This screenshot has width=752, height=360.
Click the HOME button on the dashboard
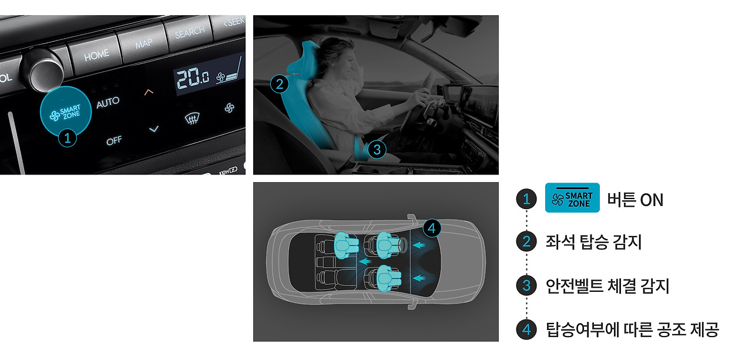pyautogui.click(x=96, y=55)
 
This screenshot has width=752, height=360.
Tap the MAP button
pyautogui.click(x=143, y=44)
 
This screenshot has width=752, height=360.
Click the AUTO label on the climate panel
pyautogui.click(x=108, y=103)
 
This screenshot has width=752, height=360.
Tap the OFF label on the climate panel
pyautogui.click(x=114, y=140)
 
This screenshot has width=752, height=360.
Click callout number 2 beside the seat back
pyautogui.click(x=280, y=84)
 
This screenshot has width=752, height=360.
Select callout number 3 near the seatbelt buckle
pyautogui.click(x=377, y=150)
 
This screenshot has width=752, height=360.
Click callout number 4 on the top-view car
pyautogui.click(x=432, y=228)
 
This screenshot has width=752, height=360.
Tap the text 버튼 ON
pyautogui.click(x=635, y=200)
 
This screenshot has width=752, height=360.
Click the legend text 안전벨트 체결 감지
pyautogui.click(x=607, y=287)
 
